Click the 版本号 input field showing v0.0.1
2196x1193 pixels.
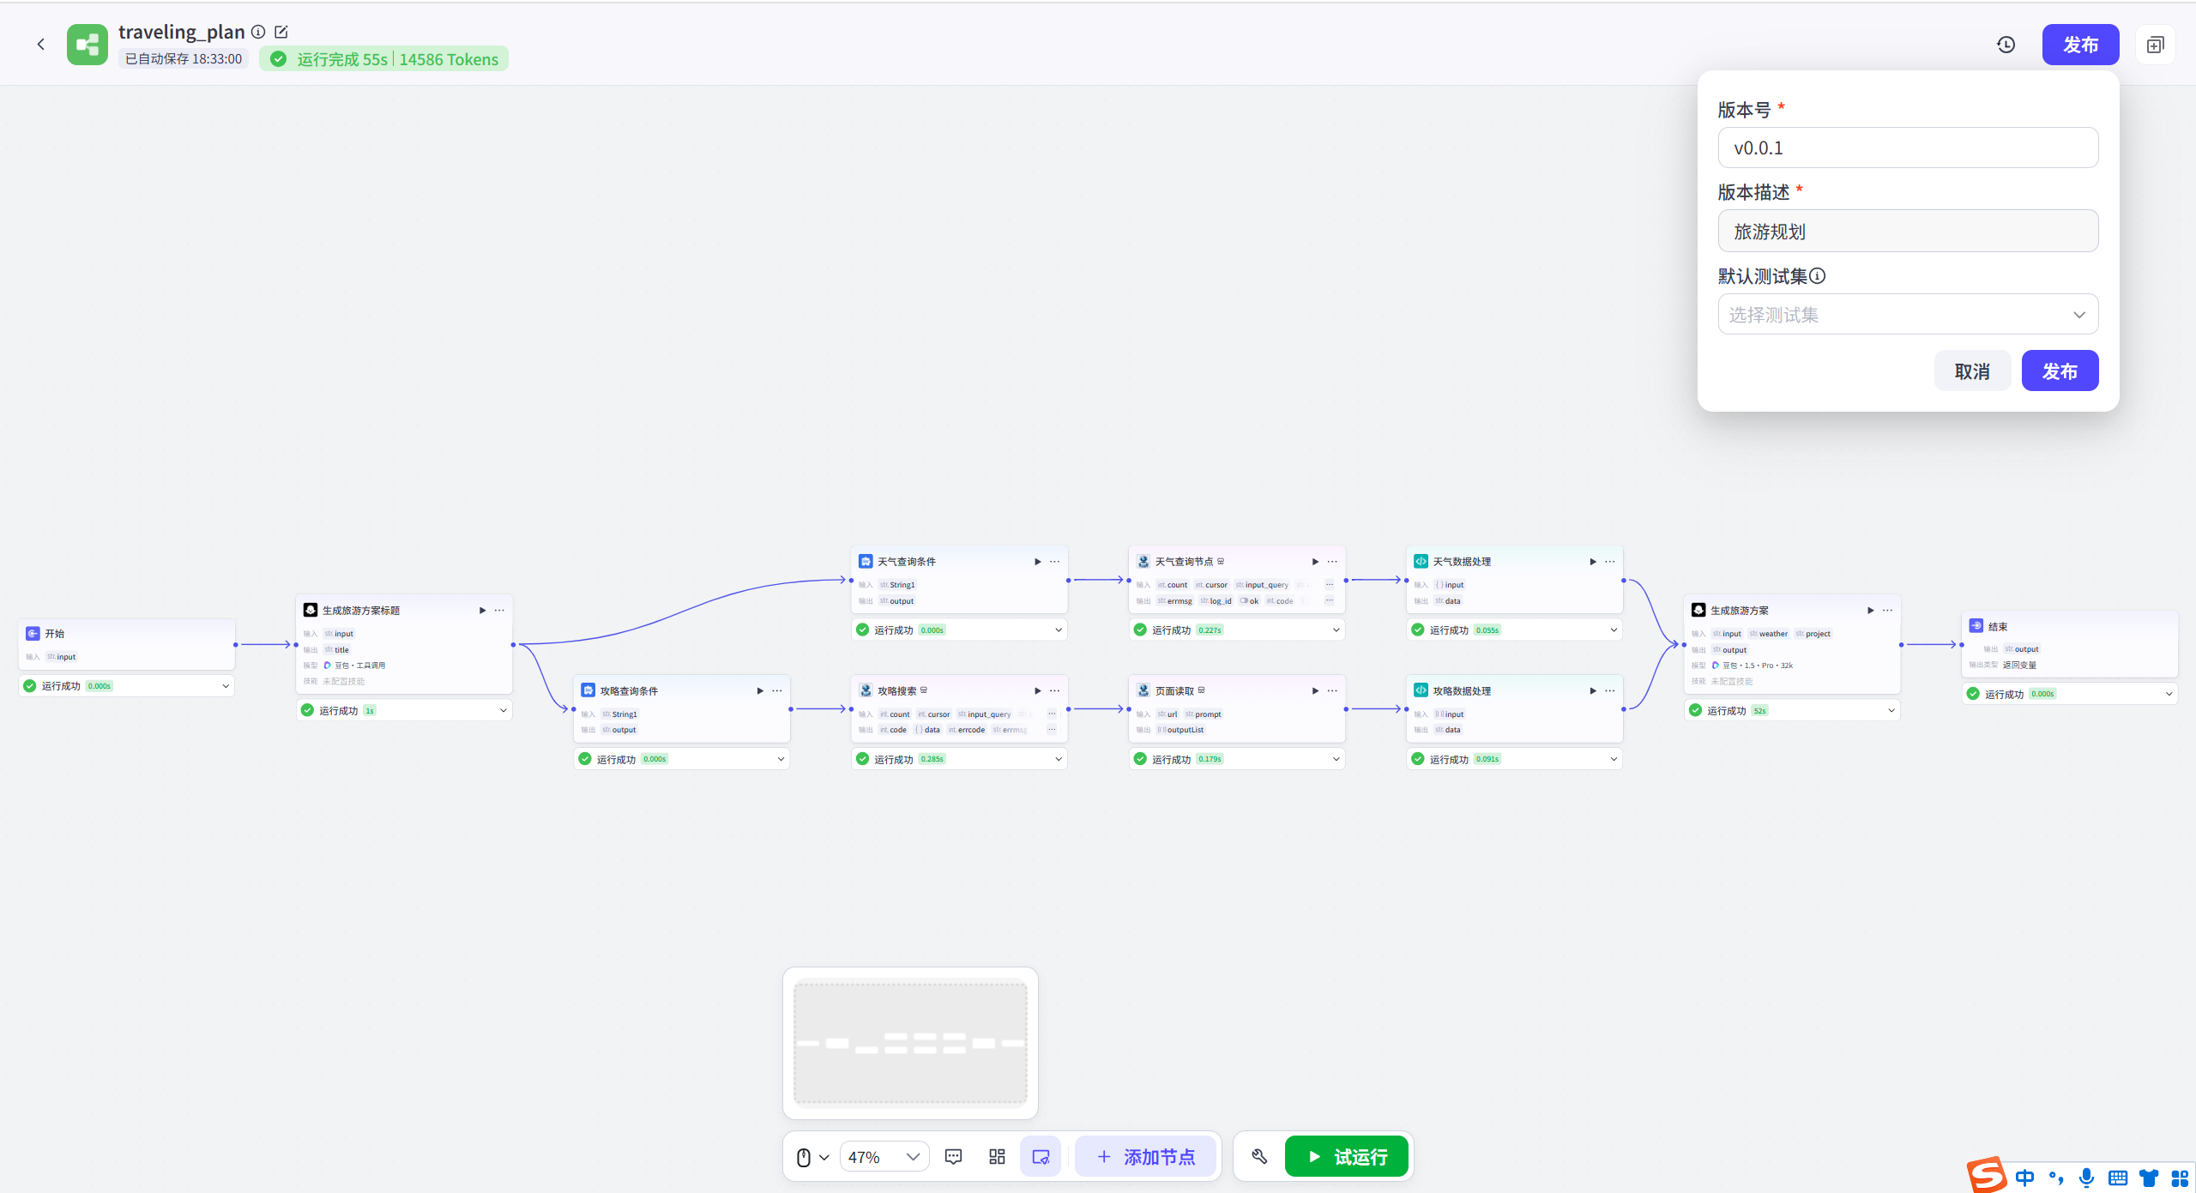pyautogui.click(x=1908, y=148)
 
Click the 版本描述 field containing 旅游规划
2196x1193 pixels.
pyautogui.click(x=1908, y=232)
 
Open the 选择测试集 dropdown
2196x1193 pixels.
pyautogui.click(x=1908, y=315)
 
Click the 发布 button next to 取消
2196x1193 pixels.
pyautogui.click(x=2060, y=371)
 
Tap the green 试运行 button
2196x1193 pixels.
pyautogui.click(x=1347, y=1157)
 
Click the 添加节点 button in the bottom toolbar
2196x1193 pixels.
pyautogui.click(x=1145, y=1157)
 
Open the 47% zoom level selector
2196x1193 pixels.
pyautogui.click(x=884, y=1157)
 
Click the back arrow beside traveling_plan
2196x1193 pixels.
pyautogui.click(x=40, y=45)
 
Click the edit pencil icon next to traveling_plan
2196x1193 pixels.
pyautogui.click(x=281, y=32)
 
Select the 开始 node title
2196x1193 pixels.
pyautogui.click(x=55, y=634)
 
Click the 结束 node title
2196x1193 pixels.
pyautogui.click(x=1998, y=627)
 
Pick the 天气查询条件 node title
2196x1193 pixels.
pyautogui.click(x=906, y=562)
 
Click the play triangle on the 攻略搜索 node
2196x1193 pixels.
pyautogui.click(x=1037, y=691)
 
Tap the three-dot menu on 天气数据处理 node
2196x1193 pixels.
pyautogui.click(x=1610, y=562)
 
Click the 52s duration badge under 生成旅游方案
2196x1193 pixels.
pyautogui.click(x=1759, y=711)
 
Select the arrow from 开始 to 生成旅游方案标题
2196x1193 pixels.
pyautogui.click(x=265, y=644)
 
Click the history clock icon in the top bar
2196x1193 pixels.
pyautogui.click(x=2006, y=45)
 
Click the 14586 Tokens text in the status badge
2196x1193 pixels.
pyautogui.click(x=449, y=59)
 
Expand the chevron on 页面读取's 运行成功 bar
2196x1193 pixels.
pyautogui.click(x=1336, y=759)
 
